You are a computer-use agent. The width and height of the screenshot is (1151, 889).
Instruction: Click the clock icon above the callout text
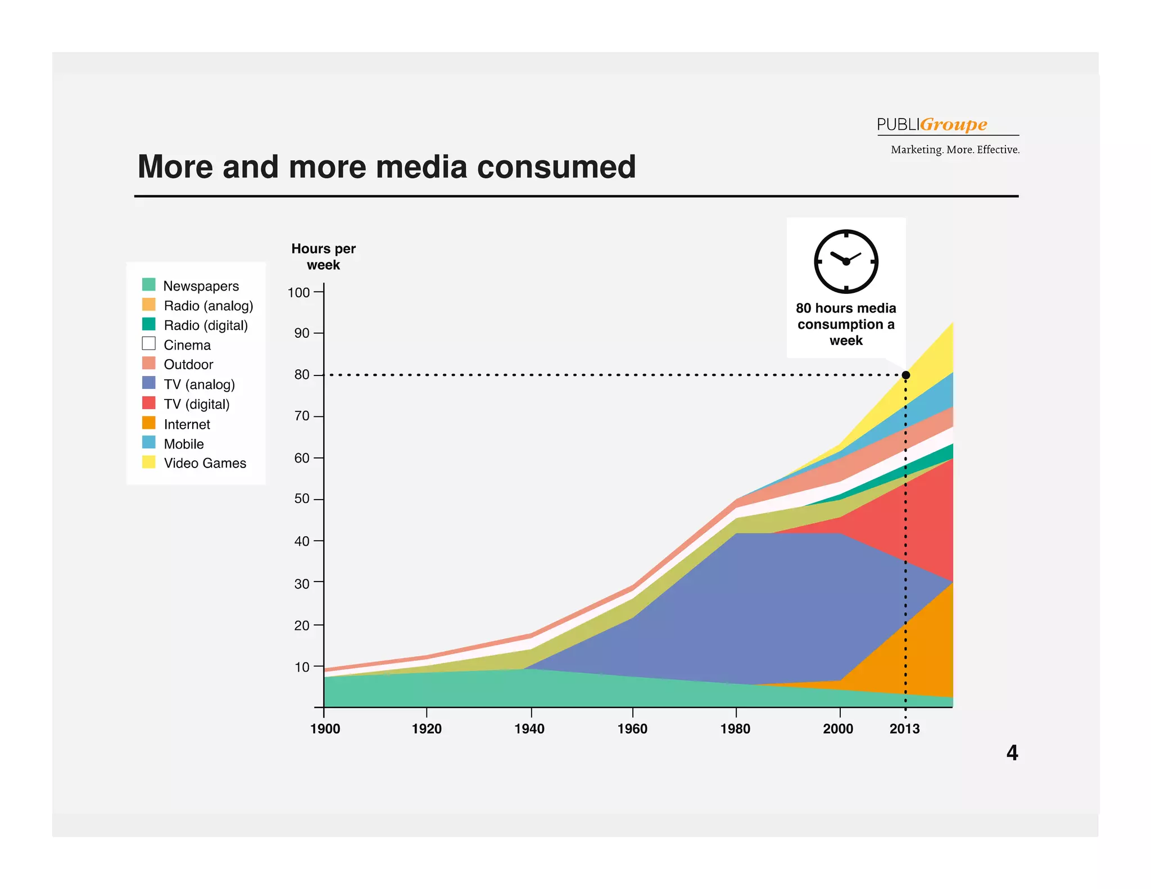point(846,261)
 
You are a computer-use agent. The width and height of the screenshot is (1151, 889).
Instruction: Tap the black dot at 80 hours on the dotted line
point(905,375)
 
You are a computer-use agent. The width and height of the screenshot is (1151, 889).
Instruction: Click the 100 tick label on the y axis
point(298,292)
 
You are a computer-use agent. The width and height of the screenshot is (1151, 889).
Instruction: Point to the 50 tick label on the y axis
point(302,499)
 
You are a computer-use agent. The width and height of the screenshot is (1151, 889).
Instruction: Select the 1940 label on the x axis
point(529,729)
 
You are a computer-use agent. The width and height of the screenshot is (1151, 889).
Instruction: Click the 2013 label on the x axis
point(904,729)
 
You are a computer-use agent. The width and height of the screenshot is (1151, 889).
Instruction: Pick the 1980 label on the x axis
point(735,729)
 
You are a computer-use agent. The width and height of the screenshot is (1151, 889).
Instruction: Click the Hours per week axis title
point(323,257)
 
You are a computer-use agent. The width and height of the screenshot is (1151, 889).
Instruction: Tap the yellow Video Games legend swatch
point(149,462)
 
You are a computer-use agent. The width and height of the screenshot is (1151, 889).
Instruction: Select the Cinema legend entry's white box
point(149,343)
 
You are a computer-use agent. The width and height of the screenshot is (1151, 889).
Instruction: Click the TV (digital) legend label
point(197,404)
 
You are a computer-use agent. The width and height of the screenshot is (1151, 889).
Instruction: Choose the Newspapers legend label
point(201,286)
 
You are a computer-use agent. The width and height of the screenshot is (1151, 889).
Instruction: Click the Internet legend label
point(187,424)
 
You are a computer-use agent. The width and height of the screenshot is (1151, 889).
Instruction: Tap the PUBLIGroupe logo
point(932,124)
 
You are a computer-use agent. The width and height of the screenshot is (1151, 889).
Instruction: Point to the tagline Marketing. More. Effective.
point(955,149)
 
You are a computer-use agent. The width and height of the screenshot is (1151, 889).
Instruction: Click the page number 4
point(1012,753)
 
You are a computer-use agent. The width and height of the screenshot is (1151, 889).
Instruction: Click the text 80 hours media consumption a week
point(846,324)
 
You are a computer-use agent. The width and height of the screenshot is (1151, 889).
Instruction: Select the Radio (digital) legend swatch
point(149,324)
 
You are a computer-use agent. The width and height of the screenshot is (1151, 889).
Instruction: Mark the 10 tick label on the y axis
point(302,667)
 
